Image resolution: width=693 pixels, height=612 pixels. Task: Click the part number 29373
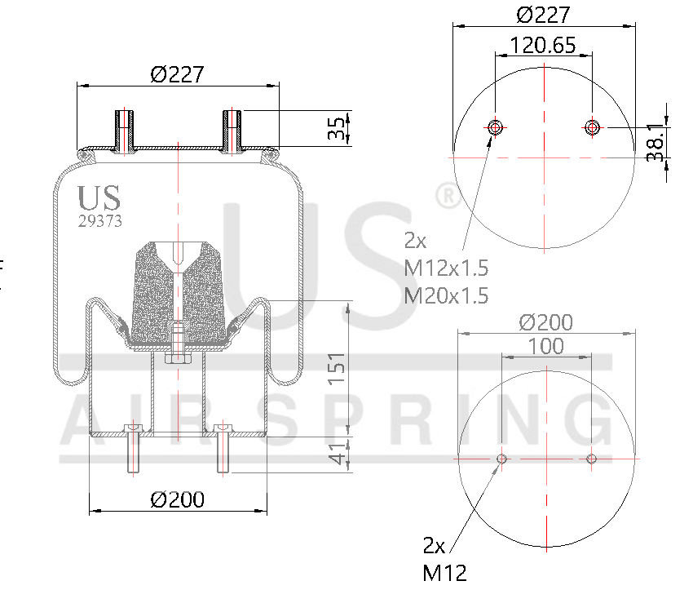coord(100,220)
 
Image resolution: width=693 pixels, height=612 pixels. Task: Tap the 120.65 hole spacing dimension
coord(543,45)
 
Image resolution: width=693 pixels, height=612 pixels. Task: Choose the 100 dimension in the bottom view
coord(546,346)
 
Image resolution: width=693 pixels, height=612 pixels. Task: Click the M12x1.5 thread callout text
coord(446,268)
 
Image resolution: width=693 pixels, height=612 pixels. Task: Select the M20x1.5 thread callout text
coord(446,295)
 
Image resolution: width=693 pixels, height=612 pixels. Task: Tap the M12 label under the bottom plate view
coord(444,573)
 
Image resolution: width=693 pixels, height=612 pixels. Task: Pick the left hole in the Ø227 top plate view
coord(495,126)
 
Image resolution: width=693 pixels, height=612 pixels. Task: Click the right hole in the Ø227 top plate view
coord(592,126)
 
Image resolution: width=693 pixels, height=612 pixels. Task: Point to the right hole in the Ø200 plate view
coord(592,459)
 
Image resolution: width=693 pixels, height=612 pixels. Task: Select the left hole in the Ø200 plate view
coord(501,459)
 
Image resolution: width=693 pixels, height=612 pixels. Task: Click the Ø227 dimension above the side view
coord(177,73)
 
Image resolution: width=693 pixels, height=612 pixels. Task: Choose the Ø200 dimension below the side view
coord(177,499)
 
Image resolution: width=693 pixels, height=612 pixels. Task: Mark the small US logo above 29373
coord(99,198)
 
